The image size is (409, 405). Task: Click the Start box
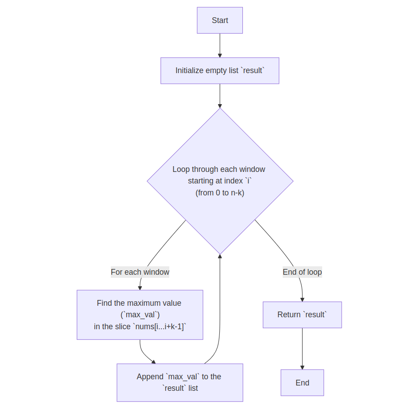click(220, 20)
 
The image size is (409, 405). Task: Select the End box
click(302, 383)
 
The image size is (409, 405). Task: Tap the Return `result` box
click(302, 315)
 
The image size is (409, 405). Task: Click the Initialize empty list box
click(220, 70)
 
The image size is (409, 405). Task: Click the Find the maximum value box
click(140, 315)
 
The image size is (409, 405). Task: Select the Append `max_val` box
click(180, 382)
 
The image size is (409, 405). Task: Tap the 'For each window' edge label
click(140, 272)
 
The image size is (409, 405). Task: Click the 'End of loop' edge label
click(302, 272)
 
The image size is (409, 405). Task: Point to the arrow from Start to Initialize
click(220, 45)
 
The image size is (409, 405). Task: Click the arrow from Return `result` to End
click(302, 348)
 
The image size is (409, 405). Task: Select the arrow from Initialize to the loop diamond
click(220, 96)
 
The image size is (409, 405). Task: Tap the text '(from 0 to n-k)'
click(220, 193)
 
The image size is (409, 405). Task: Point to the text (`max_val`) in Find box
click(140, 315)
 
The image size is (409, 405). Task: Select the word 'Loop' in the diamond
click(181, 169)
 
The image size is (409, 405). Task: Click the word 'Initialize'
click(190, 70)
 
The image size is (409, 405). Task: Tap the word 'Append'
click(150, 377)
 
